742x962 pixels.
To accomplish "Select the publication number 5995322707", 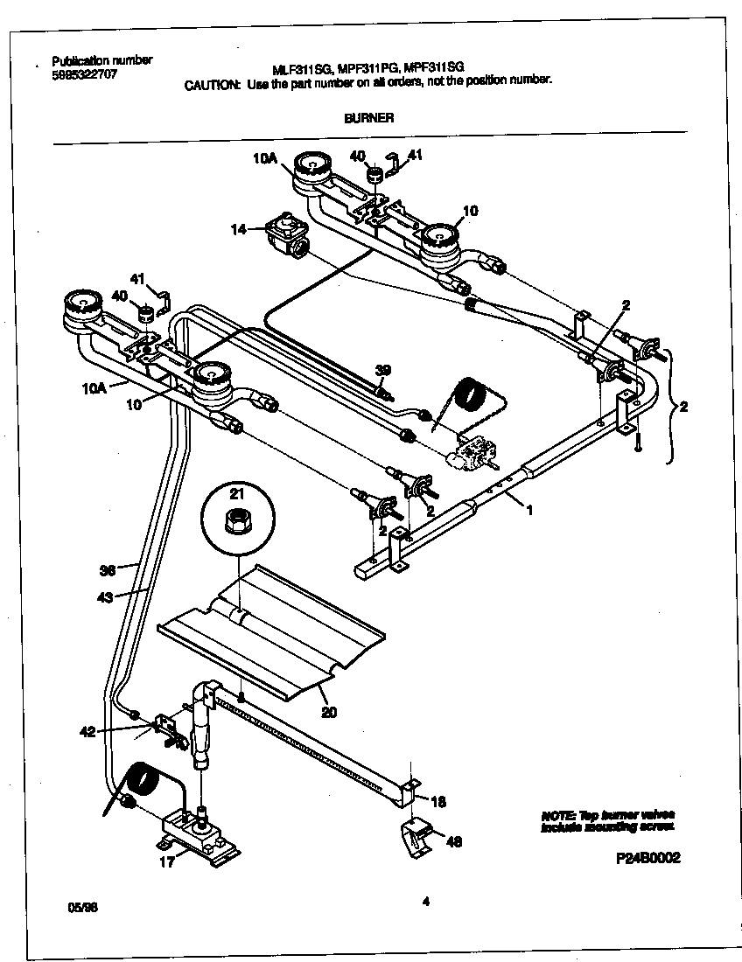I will [84, 74].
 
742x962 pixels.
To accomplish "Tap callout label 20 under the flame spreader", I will [328, 712].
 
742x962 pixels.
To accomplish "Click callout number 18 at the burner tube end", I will [437, 799].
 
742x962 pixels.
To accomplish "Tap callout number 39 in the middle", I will [382, 371].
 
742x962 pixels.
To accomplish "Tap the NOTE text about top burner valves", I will [607, 820].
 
